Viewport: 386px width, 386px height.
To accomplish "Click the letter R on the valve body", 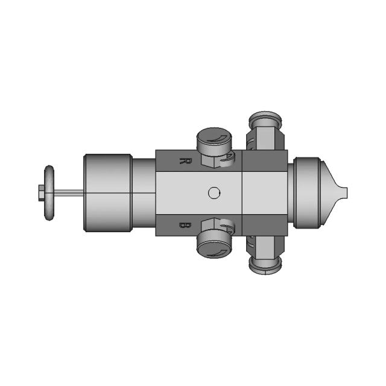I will pos(185,161).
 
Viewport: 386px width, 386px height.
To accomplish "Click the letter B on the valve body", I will pos(185,225).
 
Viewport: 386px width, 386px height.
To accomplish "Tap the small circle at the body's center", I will pos(214,193).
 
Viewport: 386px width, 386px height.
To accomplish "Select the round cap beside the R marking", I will pos(212,140).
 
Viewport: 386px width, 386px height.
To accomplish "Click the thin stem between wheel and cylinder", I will pos(69,193).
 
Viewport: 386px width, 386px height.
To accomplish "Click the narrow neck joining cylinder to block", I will pos(144,193).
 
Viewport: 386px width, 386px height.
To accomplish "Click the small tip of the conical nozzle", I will pos(343,193).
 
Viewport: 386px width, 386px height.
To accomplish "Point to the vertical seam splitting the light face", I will pos(242,193).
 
